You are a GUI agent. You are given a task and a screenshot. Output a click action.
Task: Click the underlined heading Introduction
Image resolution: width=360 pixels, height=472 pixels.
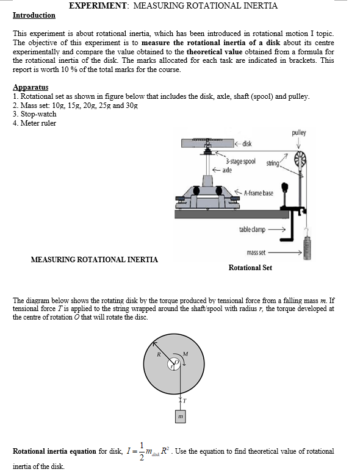click(34, 15)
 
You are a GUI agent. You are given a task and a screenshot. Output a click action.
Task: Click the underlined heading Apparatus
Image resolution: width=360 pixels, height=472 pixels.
click(31, 87)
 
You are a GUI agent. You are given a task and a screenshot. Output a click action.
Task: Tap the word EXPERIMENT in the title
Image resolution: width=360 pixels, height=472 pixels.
click(98, 5)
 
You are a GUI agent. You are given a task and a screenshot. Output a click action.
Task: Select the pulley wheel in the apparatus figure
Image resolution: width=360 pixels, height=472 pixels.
click(300, 159)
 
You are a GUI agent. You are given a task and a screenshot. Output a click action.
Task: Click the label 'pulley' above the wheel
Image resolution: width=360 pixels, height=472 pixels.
click(298, 133)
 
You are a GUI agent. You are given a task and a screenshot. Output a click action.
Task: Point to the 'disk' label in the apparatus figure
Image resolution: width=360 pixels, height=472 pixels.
click(247, 143)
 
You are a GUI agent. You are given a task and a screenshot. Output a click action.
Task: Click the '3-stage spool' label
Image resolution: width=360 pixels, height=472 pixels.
click(240, 162)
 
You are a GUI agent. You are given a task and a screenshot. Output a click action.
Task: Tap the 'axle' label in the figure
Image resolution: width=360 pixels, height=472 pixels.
click(227, 170)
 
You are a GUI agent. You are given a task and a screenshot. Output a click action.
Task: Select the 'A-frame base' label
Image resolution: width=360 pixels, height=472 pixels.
click(259, 193)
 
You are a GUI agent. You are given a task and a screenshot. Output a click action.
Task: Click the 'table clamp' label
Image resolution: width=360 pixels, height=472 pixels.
click(252, 229)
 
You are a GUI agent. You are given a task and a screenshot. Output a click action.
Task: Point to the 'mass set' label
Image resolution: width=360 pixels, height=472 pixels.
click(256, 252)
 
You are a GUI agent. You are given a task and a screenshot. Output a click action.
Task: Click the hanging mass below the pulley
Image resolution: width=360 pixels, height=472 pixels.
click(307, 248)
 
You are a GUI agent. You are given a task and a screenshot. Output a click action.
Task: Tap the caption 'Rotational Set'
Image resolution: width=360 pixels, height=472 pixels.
click(250, 268)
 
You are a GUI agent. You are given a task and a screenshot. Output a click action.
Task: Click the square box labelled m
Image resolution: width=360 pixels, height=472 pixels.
click(180, 417)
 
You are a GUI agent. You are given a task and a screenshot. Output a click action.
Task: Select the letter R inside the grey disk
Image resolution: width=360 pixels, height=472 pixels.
click(159, 354)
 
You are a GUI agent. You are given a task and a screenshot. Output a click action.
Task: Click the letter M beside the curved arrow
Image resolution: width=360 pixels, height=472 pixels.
click(185, 354)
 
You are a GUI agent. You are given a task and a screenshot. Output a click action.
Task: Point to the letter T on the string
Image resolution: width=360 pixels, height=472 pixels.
click(185, 401)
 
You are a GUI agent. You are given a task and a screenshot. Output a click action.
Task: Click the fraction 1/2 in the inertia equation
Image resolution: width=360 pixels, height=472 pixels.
click(142, 451)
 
